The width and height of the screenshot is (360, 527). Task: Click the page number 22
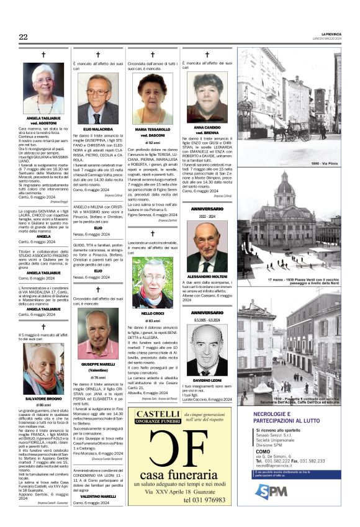click(x=23, y=37)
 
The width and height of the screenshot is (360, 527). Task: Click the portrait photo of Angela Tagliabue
click(x=43, y=88)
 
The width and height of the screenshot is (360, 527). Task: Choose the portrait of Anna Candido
click(x=207, y=96)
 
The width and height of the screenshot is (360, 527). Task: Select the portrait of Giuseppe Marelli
click(x=97, y=334)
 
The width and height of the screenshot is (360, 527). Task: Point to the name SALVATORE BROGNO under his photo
click(x=43, y=398)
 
